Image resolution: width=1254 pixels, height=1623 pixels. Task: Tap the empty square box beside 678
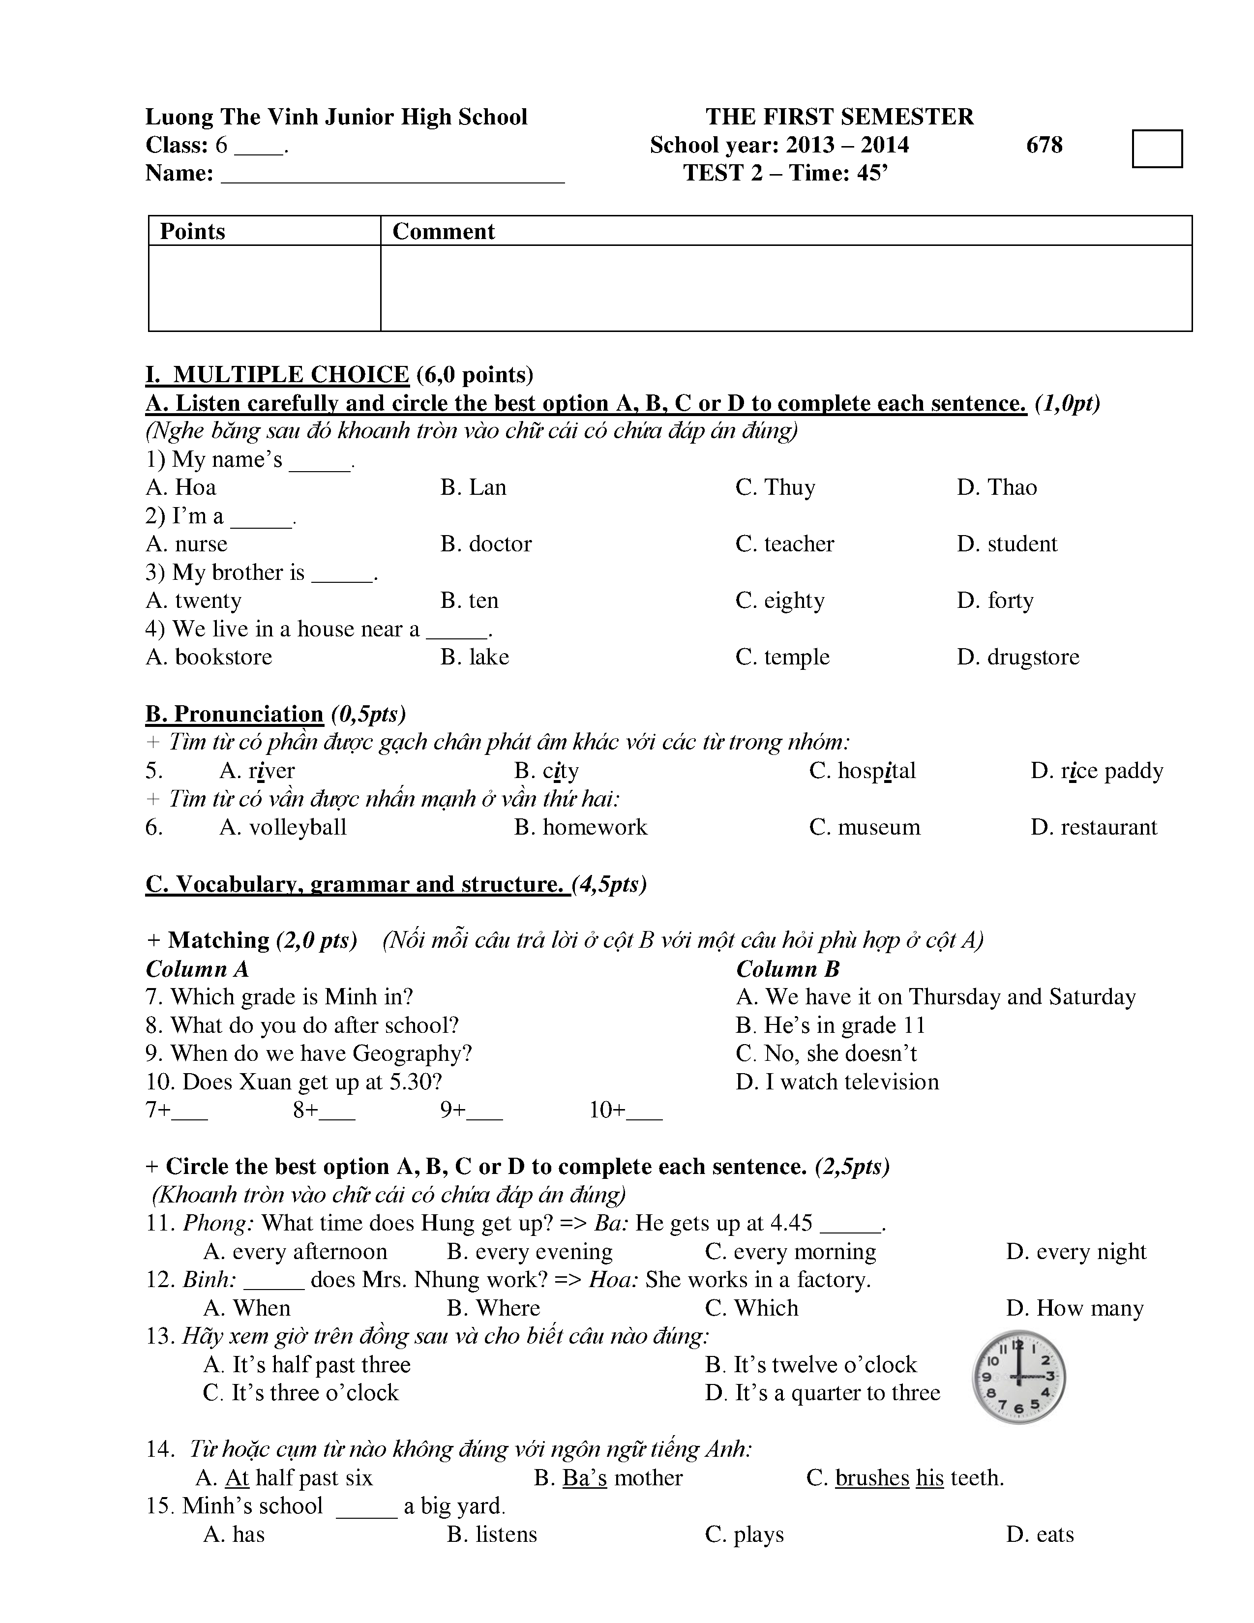click(1157, 149)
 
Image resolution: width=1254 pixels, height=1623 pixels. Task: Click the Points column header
click(192, 231)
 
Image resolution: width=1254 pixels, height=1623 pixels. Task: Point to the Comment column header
click(444, 231)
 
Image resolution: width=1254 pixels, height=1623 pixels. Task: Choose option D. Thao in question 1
click(997, 487)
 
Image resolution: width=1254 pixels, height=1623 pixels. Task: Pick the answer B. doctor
click(486, 544)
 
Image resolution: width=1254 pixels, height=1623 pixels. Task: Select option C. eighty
click(780, 601)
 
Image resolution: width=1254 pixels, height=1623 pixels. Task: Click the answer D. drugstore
click(1018, 657)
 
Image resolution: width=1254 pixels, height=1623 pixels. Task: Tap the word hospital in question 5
click(877, 771)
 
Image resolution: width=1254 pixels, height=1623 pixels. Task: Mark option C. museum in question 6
click(865, 827)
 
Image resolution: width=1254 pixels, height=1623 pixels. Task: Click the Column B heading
click(787, 969)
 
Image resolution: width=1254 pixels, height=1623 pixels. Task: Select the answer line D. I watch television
click(837, 1082)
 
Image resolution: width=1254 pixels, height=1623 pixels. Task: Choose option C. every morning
click(790, 1252)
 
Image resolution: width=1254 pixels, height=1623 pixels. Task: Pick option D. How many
click(1075, 1308)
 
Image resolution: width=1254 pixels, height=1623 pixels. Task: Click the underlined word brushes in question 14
click(872, 1477)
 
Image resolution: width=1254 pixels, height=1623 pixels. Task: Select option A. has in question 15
click(234, 1534)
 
